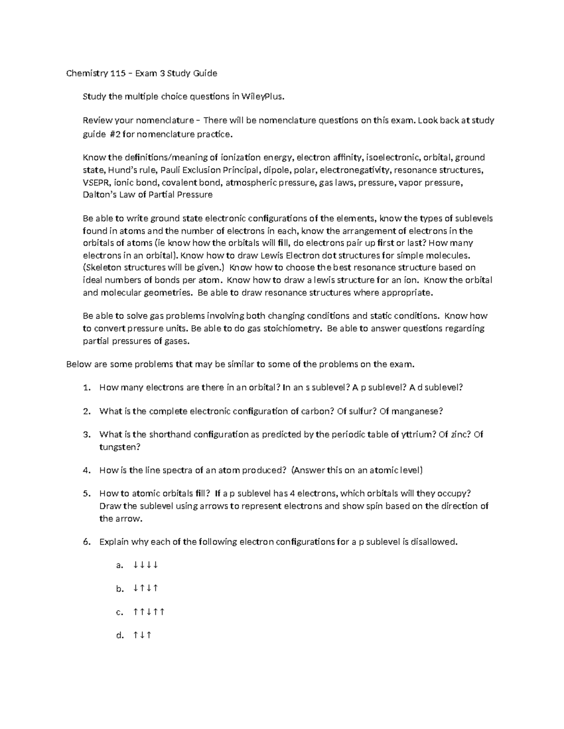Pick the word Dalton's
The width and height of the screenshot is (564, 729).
tap(99, 195)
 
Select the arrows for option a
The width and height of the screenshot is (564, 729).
tap(145, 565)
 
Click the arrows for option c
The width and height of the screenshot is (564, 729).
tap(149, 612)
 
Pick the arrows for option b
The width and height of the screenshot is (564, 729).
tap(145, 589)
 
